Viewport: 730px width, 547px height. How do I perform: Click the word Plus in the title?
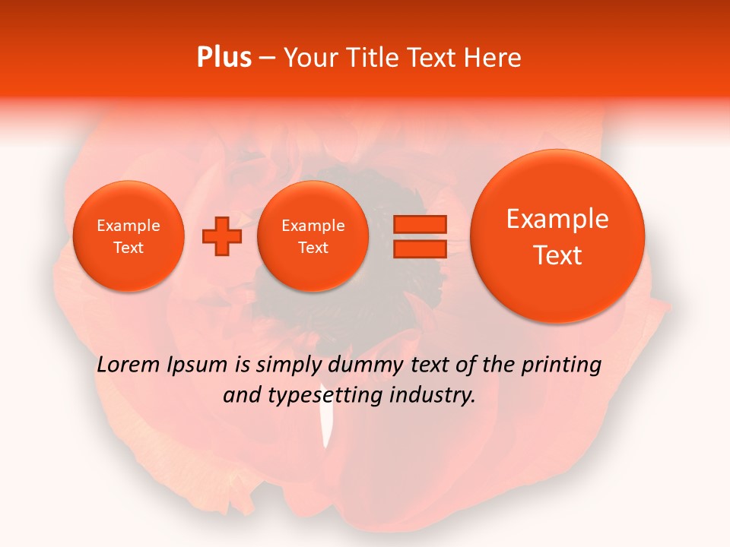click(224, 58)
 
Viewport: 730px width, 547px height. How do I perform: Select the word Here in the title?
click(493, 58)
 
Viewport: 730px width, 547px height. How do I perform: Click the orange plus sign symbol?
click(221, 236)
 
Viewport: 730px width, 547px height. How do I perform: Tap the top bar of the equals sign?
click(419, 224)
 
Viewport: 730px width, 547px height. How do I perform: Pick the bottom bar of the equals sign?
click(419, 249)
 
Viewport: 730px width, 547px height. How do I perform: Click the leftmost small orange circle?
click(129, 236)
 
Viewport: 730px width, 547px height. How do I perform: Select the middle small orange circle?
click(313, 236)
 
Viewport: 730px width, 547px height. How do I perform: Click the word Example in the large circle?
click(557, 219)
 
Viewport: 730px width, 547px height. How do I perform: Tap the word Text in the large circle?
click(557, 255)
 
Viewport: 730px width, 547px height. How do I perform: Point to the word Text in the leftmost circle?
click(129, 248)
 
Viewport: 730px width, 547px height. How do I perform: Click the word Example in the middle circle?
click(313, 226)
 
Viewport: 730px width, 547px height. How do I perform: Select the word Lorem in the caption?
click(129, 365)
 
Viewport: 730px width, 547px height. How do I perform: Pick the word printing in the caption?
click(562, 365)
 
